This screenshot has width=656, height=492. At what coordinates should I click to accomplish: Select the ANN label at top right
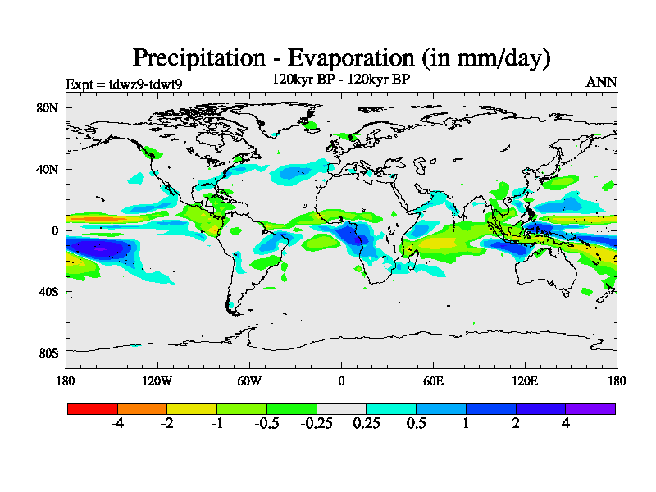pos(601,82)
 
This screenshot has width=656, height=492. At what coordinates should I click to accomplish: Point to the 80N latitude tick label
pos(47,107)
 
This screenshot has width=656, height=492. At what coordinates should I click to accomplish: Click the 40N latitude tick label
pos(47,169)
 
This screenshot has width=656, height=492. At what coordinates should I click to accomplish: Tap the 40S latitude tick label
pos(47,292)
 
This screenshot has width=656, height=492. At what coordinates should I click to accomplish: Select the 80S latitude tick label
pos(47,353)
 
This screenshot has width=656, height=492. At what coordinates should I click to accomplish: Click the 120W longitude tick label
pos(157,380)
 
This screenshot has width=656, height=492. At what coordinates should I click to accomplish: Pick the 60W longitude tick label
pos(249,380)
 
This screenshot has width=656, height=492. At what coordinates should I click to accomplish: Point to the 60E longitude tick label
pos(433,380)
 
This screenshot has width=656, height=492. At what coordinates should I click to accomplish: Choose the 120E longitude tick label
pos(525,380)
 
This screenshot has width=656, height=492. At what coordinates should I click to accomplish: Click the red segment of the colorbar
pos(93,408)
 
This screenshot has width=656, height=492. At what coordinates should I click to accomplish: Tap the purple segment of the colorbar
pos(590,408)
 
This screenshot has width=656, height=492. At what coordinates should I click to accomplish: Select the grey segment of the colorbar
pos(341,408)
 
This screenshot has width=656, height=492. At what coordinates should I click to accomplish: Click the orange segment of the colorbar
pos(142,408)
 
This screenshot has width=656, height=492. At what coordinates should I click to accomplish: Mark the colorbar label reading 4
pos(566,424)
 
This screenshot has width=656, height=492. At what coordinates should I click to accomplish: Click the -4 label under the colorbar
pos(116,424)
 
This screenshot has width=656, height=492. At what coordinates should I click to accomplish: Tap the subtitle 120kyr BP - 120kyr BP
pos(340,80)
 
